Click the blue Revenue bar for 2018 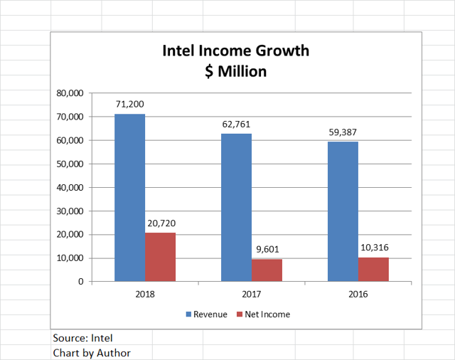pyautogui.click(x=129, y=198)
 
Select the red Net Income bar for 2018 pyautogui.click(x=160, y=257)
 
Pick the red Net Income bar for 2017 pyautogui.click(x=267, y=270)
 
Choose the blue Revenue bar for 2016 pyautogui.click(x=343, y=211)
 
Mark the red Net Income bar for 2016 pyautogui.click(x=373, y=269)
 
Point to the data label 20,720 pyautogui.click(x=160, y=223)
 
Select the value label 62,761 pyautogui.click(x=236, y=125)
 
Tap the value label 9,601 pyautogui.click(x=267, y=250)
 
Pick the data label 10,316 pyautogui.click(x=374, y=248)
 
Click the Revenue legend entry pyautogui.click(x=206, y=314)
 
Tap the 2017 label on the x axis pyautogui.click(x=251, y=292)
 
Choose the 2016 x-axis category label pyautogui.click(x=358, y=292)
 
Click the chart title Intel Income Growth pyautogui.click(x=235, y=52)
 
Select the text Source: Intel pyautogui.click(x=82, y=338)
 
